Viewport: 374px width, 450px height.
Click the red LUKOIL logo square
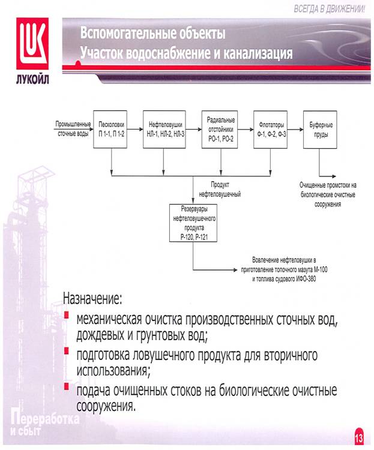32,43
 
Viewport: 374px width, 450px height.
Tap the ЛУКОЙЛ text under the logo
32,79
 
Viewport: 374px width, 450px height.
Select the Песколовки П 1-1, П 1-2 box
110,130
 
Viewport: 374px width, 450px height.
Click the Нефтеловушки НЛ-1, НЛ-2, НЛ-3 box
164,130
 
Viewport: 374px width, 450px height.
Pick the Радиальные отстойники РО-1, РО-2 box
220,130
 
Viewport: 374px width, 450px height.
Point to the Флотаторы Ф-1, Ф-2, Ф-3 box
271,130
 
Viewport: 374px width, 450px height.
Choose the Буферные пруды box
321,130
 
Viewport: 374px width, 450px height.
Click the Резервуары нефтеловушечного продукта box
193,223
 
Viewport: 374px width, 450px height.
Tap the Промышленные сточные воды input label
73,129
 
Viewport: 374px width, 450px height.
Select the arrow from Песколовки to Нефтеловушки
135,129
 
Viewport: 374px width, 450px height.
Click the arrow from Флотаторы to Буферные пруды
295,130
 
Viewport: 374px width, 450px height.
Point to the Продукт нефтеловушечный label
220,190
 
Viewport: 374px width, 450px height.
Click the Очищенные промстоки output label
328,194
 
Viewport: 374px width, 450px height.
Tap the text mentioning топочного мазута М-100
284,269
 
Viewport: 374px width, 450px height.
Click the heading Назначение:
92,299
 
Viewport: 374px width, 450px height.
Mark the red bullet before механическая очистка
67,315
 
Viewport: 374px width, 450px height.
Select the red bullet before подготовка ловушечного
67,351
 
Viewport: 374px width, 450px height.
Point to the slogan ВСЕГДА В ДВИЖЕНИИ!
329,9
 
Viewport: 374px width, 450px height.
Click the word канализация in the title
258,53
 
